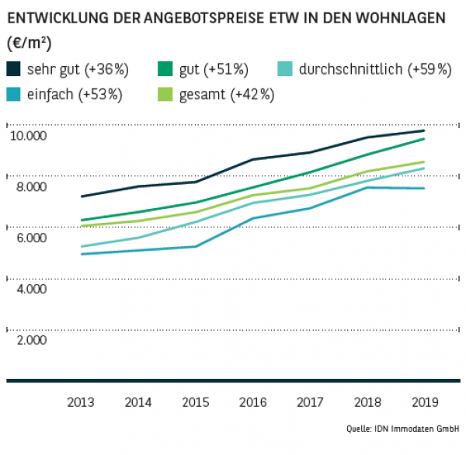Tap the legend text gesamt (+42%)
click(x=226, y=95)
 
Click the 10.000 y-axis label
click(x=29, y=136)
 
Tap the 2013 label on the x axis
click(x=81, y=402)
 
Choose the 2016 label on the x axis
click(x=252, y=402)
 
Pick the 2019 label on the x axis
click(x=424, y=402)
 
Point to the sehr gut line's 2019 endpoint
click(x=424, y=130)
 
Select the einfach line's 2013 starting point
click(x=81, y=254)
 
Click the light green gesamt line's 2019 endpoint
click(x=424, y=162)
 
